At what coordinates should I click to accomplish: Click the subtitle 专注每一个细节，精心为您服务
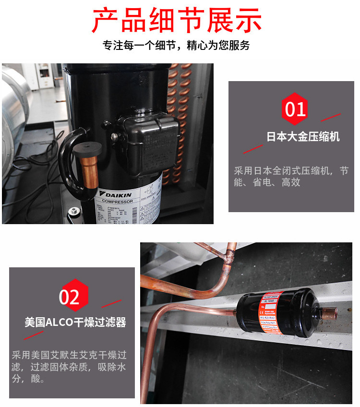click(177, 46)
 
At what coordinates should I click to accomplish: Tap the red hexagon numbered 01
click(295, 109)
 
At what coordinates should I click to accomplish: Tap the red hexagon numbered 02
click(70, 297)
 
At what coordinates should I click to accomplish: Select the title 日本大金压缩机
click(303, 137)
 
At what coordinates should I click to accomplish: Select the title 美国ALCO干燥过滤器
click(75, 322)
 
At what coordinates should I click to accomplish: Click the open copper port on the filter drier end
click(331, 312)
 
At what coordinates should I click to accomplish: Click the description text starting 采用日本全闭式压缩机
click(291, 176)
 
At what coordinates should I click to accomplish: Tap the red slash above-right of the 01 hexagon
click(330, 117)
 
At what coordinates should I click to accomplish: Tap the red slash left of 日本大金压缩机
click(252, 147)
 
